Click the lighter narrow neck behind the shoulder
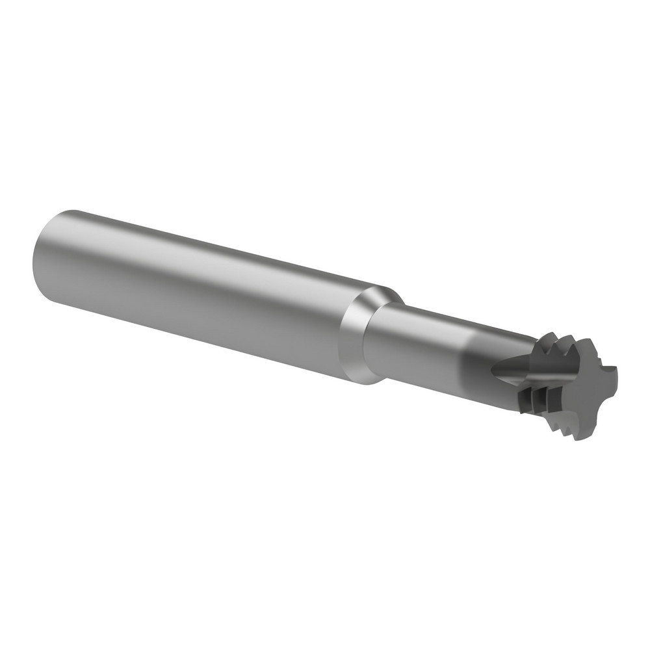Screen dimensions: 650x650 click(x=416, y=338)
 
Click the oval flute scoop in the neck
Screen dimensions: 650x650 click(x=513, y=370)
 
